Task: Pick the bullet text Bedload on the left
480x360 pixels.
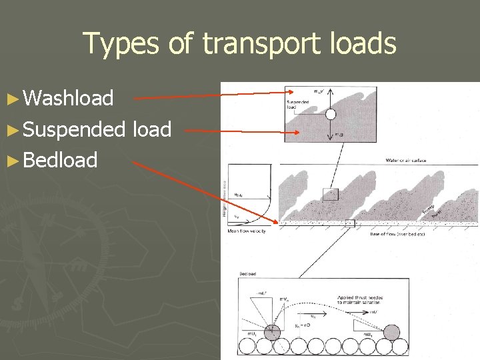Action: click(60, 160)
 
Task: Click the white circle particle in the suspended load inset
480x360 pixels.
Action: click(331, 114)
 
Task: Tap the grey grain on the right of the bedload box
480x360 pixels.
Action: click(391, 331)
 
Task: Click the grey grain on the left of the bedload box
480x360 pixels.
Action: click(272, 333)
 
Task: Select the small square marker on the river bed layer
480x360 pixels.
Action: click(350, 223)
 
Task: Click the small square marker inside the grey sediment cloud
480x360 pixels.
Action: click(331, 194)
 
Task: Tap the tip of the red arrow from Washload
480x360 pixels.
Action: click(285, 92)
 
